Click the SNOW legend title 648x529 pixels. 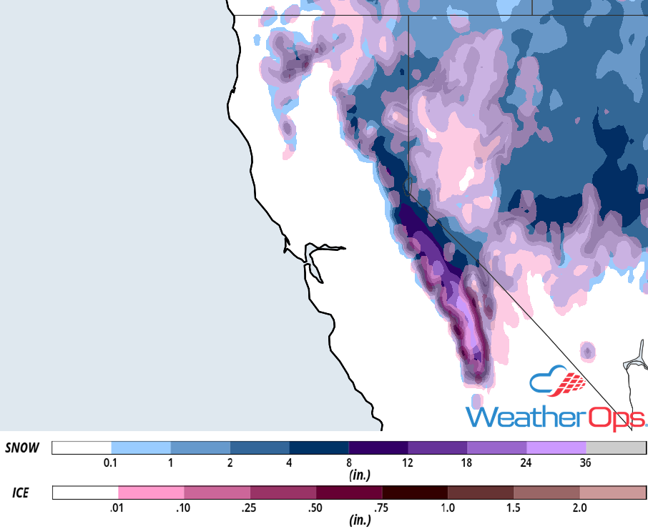click(21, 448)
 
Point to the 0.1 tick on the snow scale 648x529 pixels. click(111, 463)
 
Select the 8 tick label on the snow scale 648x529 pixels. click(348, 463)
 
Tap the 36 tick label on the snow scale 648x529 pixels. click(585, 463)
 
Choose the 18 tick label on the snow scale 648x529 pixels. click(466, 463)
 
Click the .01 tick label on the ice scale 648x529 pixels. click(118, 508)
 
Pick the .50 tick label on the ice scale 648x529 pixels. click(315, 508)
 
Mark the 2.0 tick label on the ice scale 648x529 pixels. click(579, 508)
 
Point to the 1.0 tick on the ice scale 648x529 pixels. click(448, 508)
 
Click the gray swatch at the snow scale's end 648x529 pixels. click(616, 448)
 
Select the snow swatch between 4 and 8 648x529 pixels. click(319, 448)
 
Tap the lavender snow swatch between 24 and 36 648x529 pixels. click(556, 448)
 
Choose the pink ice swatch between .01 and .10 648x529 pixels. click(151, 493)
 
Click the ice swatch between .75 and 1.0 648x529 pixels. click(415, 493)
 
